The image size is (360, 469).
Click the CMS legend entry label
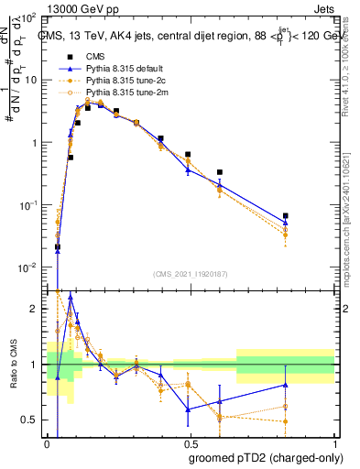[94, 56]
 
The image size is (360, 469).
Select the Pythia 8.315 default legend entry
[122, 68]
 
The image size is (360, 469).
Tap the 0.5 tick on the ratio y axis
[32, 420]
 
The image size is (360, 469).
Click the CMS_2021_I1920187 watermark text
[191, 274]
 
